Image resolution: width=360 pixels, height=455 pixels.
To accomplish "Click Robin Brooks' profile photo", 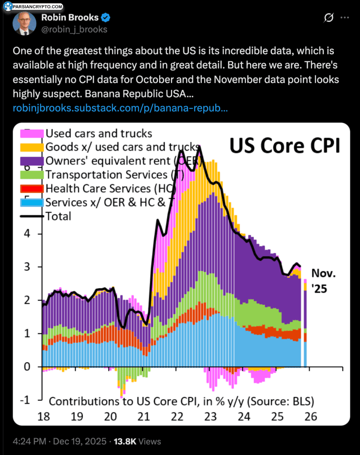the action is [24, 23].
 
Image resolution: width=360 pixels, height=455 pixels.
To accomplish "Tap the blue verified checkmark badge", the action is [105, 18].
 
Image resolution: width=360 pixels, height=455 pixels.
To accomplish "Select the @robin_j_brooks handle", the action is [74, 29].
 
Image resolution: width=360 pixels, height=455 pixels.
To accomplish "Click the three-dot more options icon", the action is [344, 17].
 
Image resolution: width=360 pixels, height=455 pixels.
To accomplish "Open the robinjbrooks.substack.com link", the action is [120, 108].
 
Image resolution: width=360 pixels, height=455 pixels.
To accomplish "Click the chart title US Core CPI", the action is [284, 145].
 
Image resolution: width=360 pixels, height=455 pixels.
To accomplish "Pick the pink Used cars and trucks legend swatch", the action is [32, 133].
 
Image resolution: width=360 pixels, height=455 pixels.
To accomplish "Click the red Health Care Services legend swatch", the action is [32, 188].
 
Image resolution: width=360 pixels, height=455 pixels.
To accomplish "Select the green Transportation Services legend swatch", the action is [32, 175].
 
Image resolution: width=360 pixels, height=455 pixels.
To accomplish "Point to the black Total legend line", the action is [32, 216].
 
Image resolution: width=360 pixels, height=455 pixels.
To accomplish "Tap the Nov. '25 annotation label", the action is [323, 281].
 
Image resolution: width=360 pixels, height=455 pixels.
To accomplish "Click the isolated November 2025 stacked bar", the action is [305, 323].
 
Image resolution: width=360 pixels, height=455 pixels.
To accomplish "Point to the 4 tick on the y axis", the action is [27, 233].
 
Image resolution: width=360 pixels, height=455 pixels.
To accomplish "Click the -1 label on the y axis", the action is [25, 400].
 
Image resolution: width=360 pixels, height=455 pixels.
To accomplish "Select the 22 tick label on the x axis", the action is [177, 417].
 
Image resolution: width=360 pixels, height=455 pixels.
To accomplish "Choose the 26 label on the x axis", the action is [311, 417].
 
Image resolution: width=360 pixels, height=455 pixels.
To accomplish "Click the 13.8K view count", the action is [125, 441].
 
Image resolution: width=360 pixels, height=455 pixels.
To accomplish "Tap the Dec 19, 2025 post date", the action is [80, 441].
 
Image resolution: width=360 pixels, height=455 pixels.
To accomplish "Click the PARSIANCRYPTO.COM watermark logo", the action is [33, 6].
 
